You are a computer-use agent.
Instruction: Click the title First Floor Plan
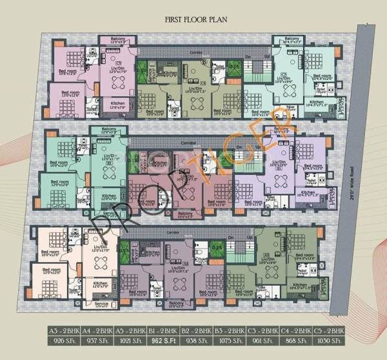pos(193,20)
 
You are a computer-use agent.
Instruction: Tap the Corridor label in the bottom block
pos(173,230)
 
